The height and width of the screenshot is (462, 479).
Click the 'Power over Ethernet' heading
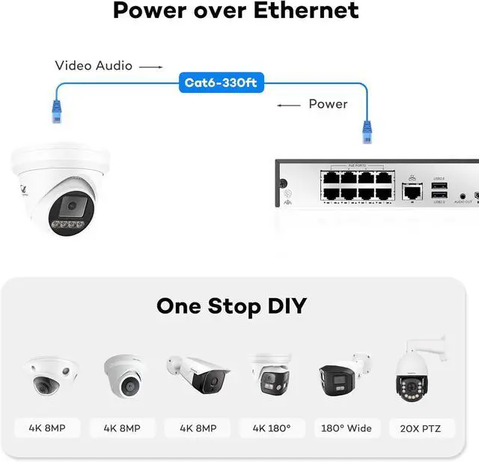point(236,11)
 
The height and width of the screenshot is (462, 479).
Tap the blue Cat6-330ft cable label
point(221,82)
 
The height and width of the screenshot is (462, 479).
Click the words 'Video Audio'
point(94,66)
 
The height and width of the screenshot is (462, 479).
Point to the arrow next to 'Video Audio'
point(151,67)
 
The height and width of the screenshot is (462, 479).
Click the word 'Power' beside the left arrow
point(328,104)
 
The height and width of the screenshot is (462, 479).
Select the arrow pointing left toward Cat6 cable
point(289,105)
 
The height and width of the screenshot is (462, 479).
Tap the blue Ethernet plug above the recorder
point(367,130)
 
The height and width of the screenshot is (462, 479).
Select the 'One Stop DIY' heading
point(231,306)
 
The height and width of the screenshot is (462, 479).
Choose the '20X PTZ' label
point(421,428)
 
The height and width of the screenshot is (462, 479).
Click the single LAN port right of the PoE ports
point(411,192)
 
